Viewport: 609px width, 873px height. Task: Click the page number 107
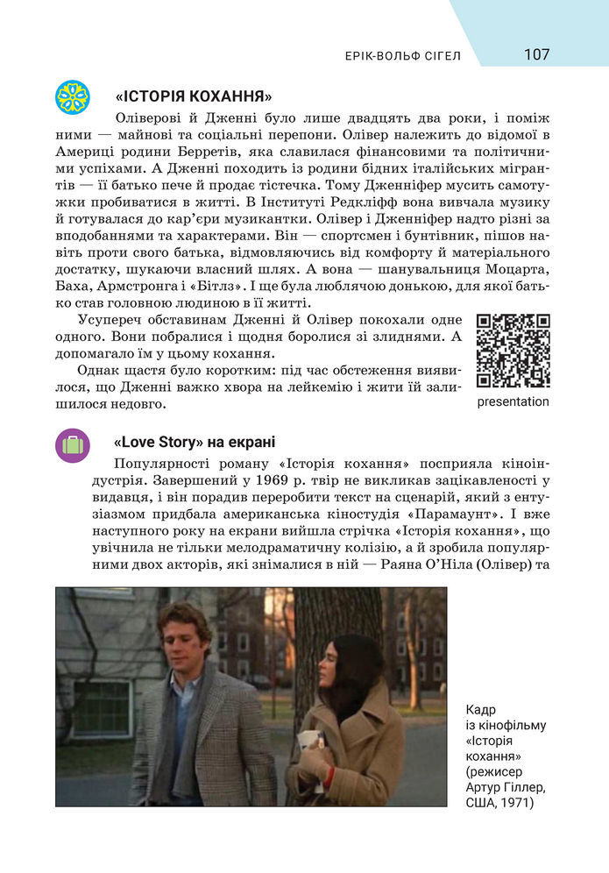536,54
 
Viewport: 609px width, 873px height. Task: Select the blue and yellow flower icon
73,96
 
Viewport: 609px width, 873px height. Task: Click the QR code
513,351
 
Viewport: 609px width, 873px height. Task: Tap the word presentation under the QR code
513,402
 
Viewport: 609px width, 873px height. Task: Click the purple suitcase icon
73,445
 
